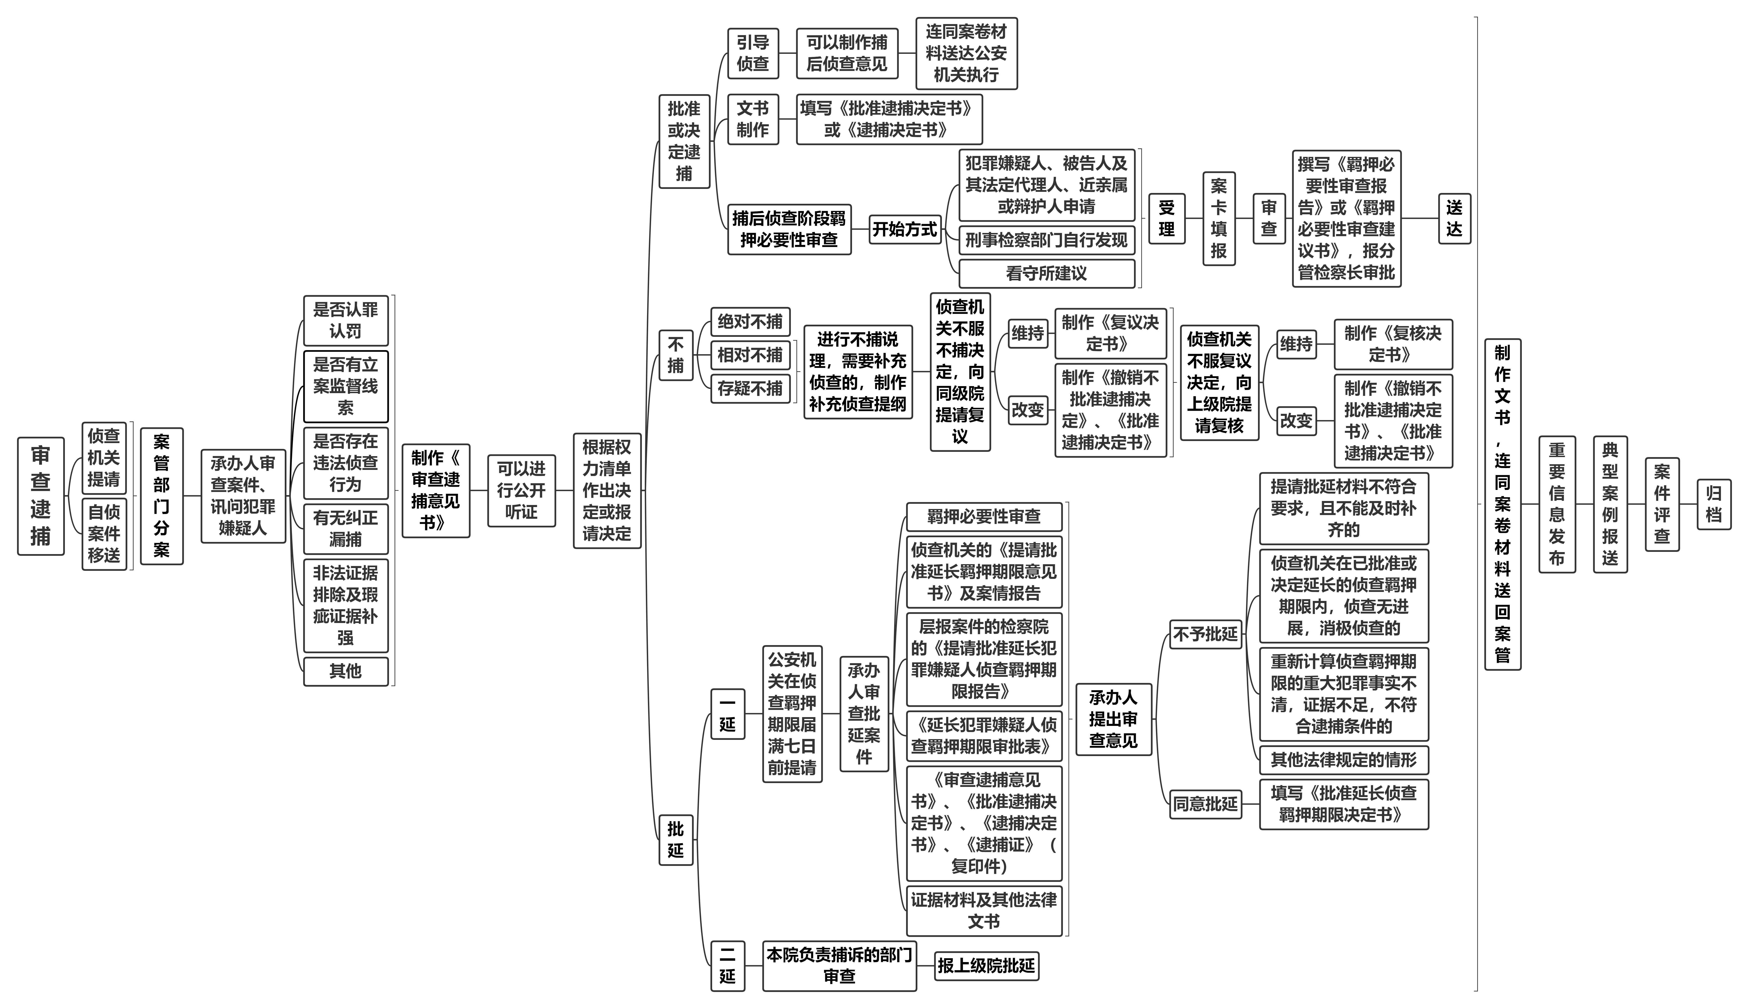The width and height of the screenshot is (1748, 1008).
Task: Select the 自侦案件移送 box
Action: pos(104,533)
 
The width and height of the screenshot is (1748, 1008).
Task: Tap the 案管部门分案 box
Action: pos(161,496)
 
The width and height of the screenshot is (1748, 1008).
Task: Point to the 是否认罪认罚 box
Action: pos(346,321)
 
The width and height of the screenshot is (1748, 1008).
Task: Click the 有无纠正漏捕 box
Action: pos(346,529)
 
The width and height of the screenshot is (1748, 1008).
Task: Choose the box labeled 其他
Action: pos(346,671)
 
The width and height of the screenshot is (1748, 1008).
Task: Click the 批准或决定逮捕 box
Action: pos(684,141)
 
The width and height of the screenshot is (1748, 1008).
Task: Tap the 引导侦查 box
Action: pos(753,53)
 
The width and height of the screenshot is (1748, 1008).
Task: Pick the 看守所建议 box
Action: pos(1046,274)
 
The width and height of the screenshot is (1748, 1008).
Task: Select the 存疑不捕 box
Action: pos(750,388)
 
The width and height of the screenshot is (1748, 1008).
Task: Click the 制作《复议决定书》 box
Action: pos(1110,333)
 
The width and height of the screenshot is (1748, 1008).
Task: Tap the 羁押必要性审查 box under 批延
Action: pos(984,516)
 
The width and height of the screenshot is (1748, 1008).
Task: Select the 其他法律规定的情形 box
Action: pos(1344,760)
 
